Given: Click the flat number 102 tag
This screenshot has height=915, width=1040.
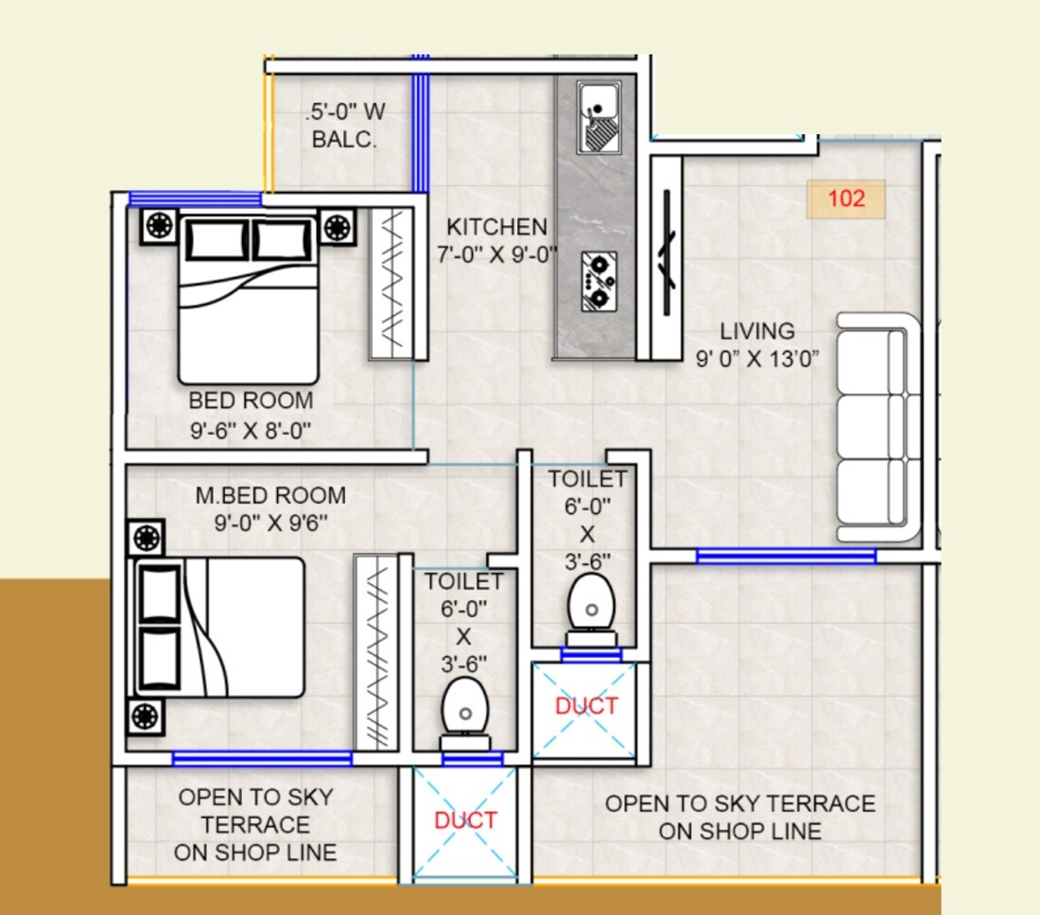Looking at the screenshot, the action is (845, 199).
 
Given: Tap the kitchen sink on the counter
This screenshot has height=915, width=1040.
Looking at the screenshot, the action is (598, 117).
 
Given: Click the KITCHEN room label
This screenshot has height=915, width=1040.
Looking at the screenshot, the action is (496, 228).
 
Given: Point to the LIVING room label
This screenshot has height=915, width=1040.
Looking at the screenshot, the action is (756, 332).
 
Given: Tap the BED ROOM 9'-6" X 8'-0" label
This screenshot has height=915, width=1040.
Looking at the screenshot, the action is (251, 401).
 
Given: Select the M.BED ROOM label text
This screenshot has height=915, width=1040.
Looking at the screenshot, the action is (270, 495).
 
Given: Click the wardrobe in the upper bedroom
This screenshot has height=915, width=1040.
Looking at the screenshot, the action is (390, 283).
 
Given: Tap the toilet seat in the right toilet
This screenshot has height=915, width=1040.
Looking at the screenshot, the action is (592, 603).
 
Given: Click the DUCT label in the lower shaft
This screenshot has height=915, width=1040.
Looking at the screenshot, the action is (465, 820).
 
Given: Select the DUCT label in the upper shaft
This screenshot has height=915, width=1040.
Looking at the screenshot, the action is (586, 706).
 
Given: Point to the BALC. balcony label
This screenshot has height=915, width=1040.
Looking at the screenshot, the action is (345, 141).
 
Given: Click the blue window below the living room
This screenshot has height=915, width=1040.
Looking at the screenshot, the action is (786, 557).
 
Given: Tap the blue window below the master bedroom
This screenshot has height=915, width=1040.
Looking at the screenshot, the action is (262, 757).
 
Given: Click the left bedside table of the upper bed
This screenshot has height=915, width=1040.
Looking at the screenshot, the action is (158, 227).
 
